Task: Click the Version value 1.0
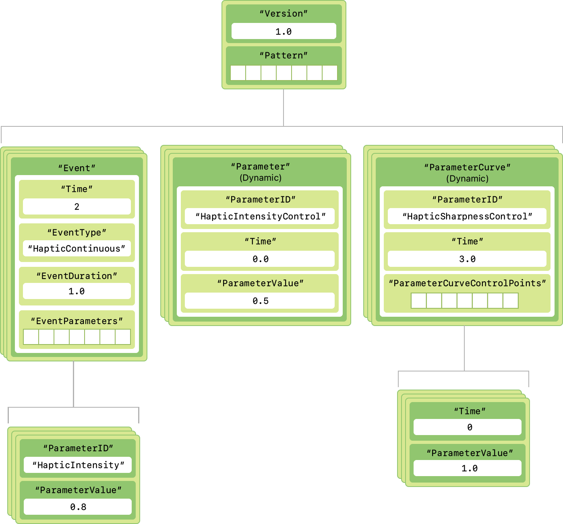click(284, 31)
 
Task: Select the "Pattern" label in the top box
click(284, 56)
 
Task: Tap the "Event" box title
click(77, 168)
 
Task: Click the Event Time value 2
click(77, 206)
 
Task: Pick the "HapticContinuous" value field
click(77, 248)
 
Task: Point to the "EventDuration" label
click(77, 276)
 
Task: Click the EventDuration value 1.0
click(77, 291)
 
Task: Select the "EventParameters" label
click(77, 321)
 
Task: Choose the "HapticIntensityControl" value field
click(260, 216)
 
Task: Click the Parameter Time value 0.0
click(260, 259)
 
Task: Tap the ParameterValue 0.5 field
click(260, 301)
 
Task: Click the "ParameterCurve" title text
click(467, 167)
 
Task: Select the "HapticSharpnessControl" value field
click(467, 216)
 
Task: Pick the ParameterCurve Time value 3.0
click(467, 259)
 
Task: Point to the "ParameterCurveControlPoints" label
click(467, 283)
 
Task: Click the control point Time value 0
click(469, 427)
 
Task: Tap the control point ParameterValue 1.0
click(469, 468)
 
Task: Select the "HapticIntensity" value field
click(78, 465)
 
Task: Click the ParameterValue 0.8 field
click(78, 507)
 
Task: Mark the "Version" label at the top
click(284, 13)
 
